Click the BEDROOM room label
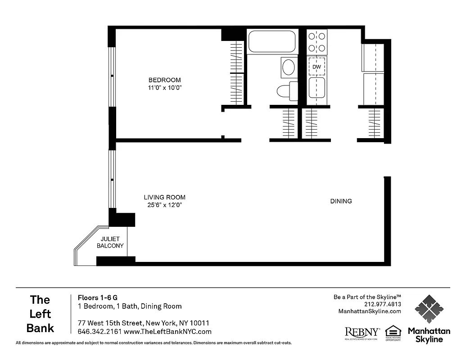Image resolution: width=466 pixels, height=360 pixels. coord(165,80)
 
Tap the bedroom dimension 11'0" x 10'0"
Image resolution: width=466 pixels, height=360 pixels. coord(165,88)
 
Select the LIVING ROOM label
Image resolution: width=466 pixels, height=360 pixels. coord(164,197)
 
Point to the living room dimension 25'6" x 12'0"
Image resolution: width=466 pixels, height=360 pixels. coord(164,205)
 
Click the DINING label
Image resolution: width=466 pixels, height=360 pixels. coord(341,201)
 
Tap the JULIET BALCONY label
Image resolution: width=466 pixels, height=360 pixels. coord(110,243)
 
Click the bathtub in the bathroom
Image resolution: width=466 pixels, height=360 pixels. coord(271,41)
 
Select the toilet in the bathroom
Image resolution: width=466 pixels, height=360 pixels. coord(286,91)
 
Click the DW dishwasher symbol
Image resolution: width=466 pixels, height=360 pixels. coord(317,67)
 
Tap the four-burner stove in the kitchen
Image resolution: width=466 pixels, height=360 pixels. coord(317,42)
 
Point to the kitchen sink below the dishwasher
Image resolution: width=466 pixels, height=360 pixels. coord(317,88)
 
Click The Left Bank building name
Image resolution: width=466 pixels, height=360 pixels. coord(40,314)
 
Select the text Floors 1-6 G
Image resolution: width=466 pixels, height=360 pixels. coord(98,297)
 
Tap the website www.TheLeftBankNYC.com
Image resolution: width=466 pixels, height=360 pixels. coord(167,332)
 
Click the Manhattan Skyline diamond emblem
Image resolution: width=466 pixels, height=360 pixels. coord(429,309)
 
